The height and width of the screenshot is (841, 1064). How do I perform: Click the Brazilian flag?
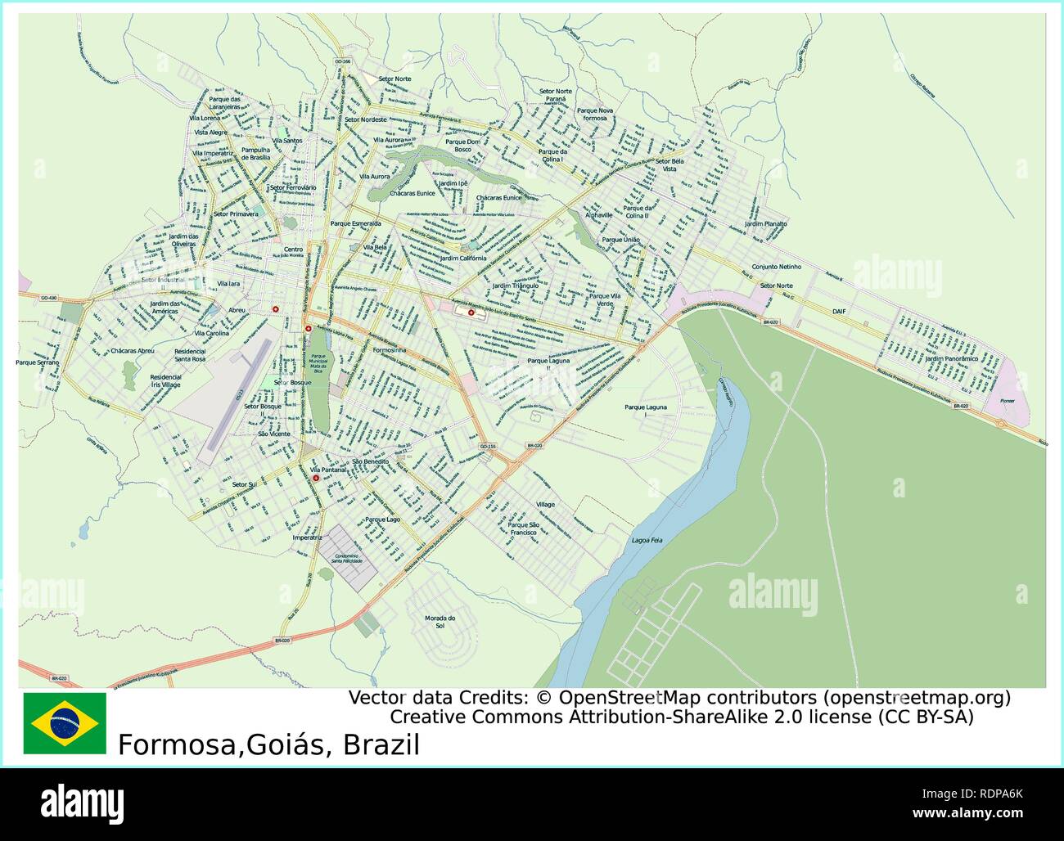65,723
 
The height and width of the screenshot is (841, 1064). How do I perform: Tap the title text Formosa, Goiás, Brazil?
268,745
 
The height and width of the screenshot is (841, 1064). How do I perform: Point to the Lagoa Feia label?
647,541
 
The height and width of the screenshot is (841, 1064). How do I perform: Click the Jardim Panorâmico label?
951,358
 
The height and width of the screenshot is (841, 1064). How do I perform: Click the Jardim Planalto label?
765,223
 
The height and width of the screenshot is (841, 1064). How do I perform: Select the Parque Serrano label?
38,362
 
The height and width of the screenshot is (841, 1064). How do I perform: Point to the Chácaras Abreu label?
132,350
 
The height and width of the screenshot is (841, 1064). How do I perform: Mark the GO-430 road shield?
49,298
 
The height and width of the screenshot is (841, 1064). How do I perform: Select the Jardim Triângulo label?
516,286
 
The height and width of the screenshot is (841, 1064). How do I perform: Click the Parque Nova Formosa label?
595,114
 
